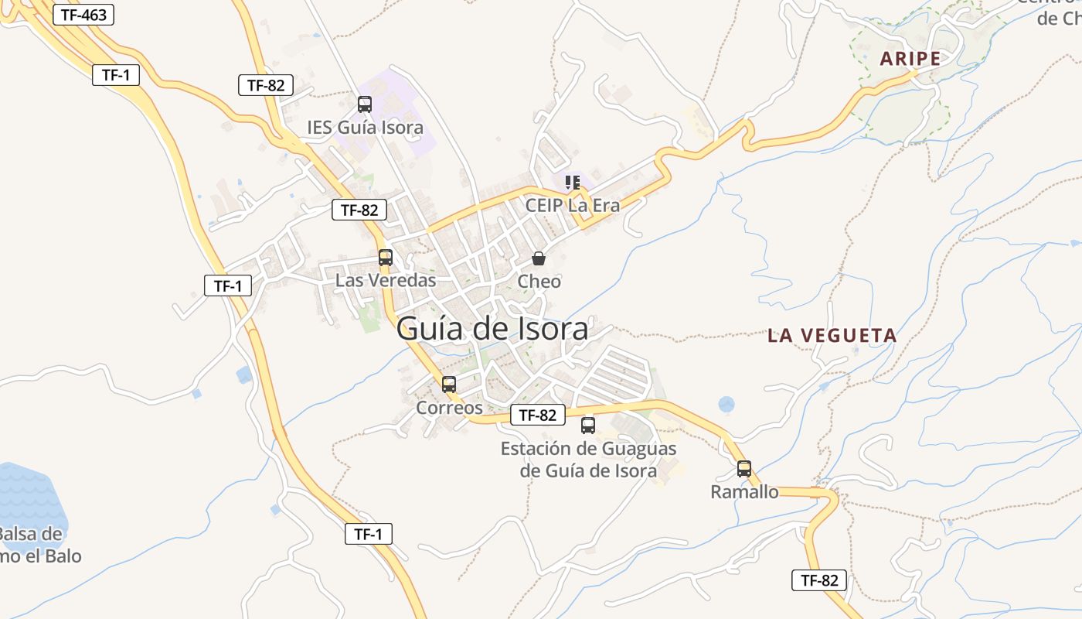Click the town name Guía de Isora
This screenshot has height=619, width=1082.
(492, 330)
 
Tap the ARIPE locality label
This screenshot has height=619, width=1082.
(910, 59)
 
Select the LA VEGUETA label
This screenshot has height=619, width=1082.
(832, 336)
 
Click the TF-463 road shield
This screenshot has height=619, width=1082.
(83, 15)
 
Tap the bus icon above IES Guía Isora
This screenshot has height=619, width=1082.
(365, 104)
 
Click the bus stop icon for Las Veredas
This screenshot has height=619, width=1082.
(386, 258)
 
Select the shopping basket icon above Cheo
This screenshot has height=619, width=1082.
(539, 258)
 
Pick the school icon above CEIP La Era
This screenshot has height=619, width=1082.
(572, 183)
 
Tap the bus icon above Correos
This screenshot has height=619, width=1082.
(449, 384)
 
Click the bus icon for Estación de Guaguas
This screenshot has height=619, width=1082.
(588, 425)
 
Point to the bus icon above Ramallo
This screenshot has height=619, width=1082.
(744, 468)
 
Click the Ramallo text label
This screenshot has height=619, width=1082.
(744, 492)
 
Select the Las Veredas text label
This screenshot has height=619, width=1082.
(386, 280)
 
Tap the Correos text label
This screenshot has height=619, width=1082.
(449, 408)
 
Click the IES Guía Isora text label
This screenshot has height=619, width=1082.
(365, 127)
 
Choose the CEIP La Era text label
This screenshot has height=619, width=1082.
(572, 206)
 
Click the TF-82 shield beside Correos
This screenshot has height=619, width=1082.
(538, 415)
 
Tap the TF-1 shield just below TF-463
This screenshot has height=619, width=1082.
(116, 75)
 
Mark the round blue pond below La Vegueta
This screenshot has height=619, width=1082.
(726, 404)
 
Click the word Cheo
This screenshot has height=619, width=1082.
(539, 282)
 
